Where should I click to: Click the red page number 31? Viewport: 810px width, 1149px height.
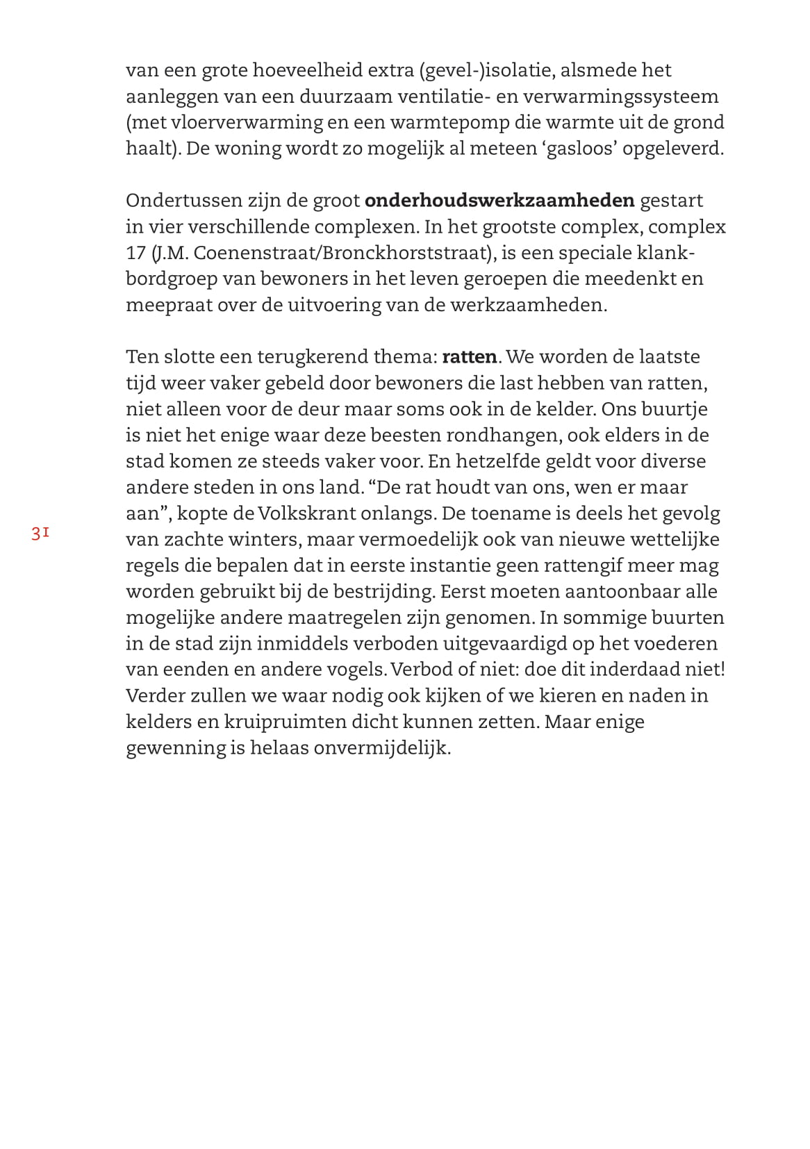(40, 534)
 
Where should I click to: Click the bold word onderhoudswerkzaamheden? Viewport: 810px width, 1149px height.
(499, 201)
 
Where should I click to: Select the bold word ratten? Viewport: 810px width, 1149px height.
(470, 357)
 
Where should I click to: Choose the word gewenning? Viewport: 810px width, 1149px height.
(176, 748)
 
